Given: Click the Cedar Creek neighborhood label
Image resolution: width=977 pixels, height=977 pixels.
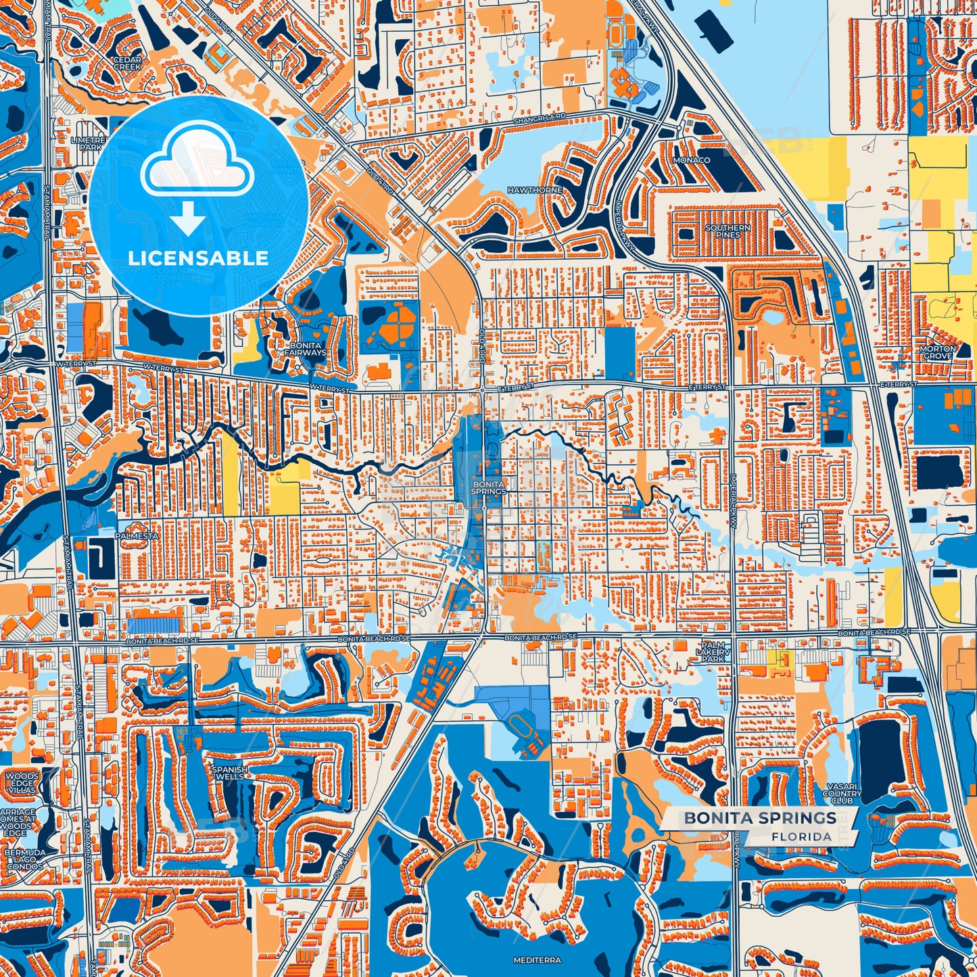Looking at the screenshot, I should [x=127, y=64].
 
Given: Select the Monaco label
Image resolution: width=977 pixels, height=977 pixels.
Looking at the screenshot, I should [x=691, y=160].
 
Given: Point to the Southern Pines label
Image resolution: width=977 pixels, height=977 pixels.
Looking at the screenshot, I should [x=728, y=231].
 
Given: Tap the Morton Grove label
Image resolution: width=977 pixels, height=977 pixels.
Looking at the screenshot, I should [x=938, y=352].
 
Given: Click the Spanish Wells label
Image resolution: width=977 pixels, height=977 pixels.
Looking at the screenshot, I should [x=230, y=773].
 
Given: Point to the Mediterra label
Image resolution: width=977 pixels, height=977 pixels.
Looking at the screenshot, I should [x=533, y=960].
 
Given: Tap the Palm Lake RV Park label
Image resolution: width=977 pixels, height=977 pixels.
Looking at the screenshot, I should [x=713, y=652].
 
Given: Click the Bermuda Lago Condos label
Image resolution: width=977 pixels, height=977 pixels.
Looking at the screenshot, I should [x=25, y=859].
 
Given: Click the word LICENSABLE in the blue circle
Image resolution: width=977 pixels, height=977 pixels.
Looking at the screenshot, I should [x=198, y=258].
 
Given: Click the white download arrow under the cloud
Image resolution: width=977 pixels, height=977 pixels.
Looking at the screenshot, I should [x=189, y=218].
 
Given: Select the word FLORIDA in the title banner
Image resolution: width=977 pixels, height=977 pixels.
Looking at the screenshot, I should [x=801, y=836].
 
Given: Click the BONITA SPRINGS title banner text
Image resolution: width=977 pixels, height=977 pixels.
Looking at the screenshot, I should [x=760, y=817].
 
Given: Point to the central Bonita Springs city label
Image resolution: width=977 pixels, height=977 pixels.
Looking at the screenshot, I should [x=488, y=488].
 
